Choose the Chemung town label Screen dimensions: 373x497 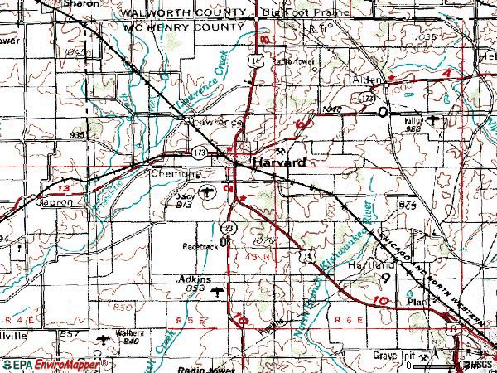coord(176,175)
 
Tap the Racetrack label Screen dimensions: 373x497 coord(201,247)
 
